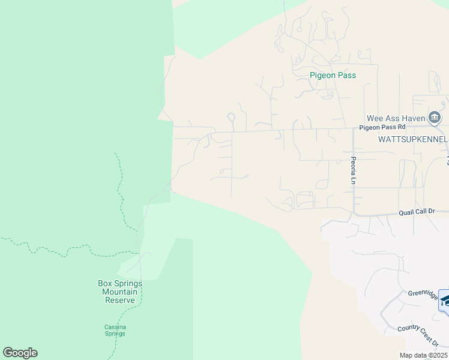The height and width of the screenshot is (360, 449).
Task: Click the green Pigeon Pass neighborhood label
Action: [x=333, y=76]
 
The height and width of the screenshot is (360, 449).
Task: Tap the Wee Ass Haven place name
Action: [x=396, y=118]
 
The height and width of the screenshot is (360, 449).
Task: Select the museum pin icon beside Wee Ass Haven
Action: [x=435, y=117]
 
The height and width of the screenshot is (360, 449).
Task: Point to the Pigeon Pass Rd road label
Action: [x=382, y=127]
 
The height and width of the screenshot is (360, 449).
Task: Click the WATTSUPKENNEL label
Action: [x=413, y=139]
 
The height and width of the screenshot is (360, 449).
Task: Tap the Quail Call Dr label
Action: [x=424, y=212]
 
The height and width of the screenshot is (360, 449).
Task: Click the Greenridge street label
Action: [x=424, y=293]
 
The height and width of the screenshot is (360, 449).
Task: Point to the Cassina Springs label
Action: [x=115, y=330]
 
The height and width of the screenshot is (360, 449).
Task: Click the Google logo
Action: [x=20, y=353]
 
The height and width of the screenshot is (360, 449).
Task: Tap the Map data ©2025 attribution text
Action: [x=424, y=355]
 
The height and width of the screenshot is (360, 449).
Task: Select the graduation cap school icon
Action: [x=445, y=300]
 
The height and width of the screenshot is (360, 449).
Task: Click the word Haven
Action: [x=412, y=118]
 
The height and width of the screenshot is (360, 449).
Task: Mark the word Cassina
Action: [x=115, y=327]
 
